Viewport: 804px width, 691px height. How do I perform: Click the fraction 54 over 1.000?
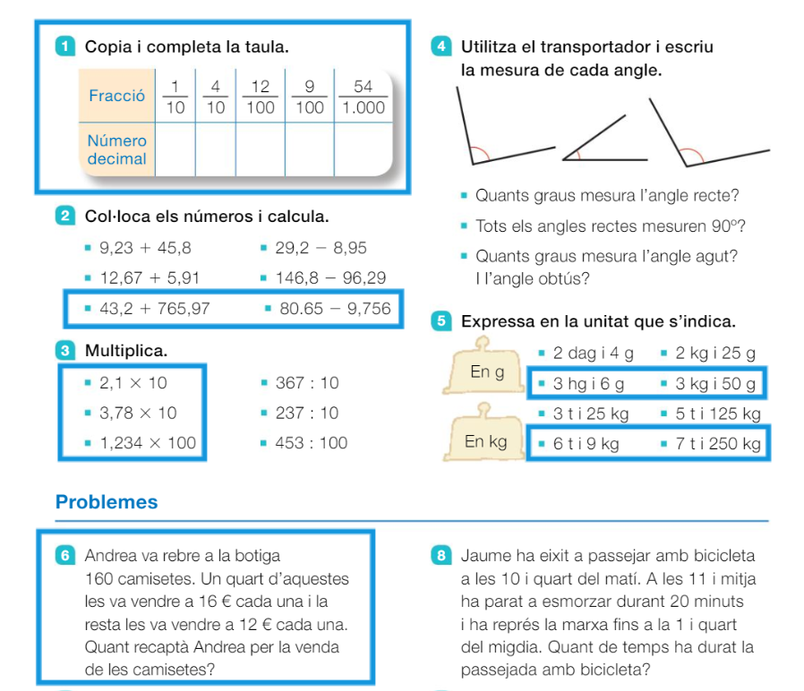click(x=363, y=97)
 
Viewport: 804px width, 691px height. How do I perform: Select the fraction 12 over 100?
click(x=261, y=97)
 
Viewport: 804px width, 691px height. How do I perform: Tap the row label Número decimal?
click(x=116, y=149)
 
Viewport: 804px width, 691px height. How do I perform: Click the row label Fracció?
click(x=116, y=96)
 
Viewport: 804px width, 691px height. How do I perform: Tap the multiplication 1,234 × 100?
click(x=148, y=442)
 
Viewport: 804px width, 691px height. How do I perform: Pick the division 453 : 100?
click(x=312, y=442)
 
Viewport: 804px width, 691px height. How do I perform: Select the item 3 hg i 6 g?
click(x=588, y=384)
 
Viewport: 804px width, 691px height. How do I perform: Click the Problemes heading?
click(x=107, y=502)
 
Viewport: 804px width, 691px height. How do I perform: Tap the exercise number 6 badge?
click(x=65, y=555)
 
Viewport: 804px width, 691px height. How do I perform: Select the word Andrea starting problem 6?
click(x=111, y=556)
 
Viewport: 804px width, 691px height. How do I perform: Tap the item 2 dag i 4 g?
click(x=593, y=354)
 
